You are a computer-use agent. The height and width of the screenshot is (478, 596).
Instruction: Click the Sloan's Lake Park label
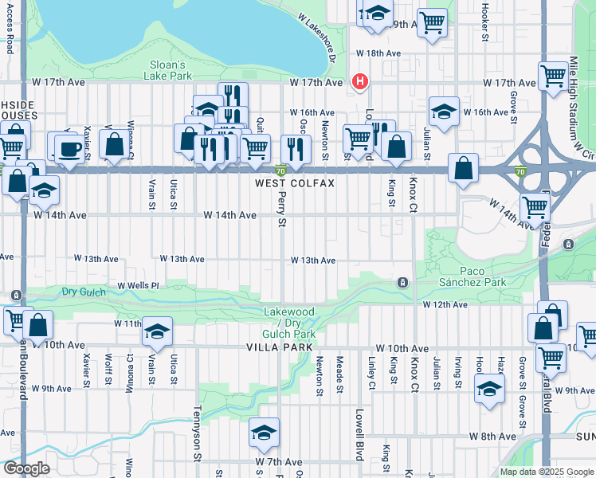(x=168, y=70)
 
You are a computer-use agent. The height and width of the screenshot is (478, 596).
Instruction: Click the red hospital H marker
(x=360, y=81)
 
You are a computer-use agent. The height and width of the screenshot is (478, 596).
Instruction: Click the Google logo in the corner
(x=25, y=468)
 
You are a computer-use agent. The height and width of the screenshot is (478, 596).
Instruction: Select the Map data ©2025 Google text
(x=546, y=472)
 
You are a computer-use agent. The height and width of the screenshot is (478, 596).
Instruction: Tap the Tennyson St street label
(x=196, y=434)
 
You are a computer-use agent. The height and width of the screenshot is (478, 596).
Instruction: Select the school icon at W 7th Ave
(x=264, y=433)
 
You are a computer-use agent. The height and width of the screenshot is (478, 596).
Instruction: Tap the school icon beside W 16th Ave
(x=443, y=112)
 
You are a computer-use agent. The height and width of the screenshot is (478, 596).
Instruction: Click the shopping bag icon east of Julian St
(x=463, y=168)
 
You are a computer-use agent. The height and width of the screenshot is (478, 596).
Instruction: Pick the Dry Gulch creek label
(x=84, y=292)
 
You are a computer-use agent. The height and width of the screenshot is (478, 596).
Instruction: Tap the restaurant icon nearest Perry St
(x=296, y=148)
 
